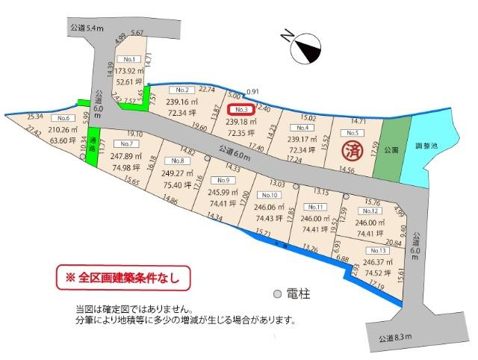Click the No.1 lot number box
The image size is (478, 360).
coord(129,58)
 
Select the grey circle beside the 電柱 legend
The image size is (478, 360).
coord(277,294)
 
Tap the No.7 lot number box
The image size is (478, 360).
coord(124,143)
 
